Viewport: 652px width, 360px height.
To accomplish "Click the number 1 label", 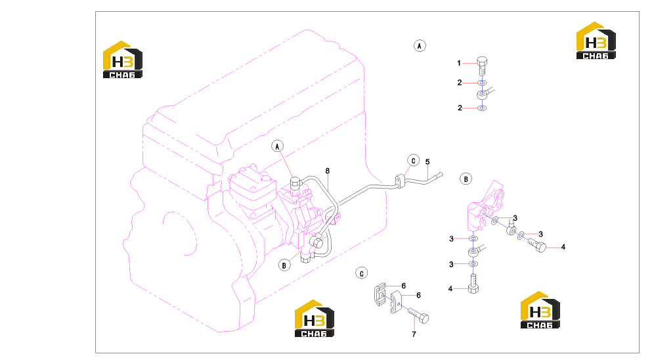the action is pos(459,63).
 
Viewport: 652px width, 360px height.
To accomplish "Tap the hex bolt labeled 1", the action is pos(482,66).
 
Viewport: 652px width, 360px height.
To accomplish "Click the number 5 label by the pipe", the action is pos(427,162).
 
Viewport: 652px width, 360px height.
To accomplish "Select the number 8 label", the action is pos(328,171).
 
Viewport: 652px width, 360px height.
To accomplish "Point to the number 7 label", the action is pos(414,334).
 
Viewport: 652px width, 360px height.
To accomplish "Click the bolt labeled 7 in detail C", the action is pos(418,315).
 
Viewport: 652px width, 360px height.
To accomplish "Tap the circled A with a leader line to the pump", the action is pos(277,146).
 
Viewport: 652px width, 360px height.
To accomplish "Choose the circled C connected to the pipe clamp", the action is pos(413,161).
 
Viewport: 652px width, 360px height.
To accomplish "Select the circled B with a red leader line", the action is pos(284,265).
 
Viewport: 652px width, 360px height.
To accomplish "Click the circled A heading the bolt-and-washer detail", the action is pos(420,46).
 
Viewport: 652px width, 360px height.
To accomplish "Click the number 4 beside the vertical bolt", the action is pos(450,288).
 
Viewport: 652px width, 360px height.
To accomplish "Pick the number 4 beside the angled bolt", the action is pos(563,247).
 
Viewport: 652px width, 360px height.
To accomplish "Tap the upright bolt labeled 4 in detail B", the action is pos(473,284).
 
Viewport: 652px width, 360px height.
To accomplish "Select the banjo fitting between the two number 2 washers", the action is pos(484,94).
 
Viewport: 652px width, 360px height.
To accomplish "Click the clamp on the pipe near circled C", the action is pos(400,182).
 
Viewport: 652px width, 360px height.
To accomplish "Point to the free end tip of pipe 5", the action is pos(442,174).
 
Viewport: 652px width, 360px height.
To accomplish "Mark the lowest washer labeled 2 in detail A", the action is pos(482,108).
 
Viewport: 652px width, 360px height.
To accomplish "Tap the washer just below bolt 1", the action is pos(482,83).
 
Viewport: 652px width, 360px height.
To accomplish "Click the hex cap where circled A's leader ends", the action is pos(295,182).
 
